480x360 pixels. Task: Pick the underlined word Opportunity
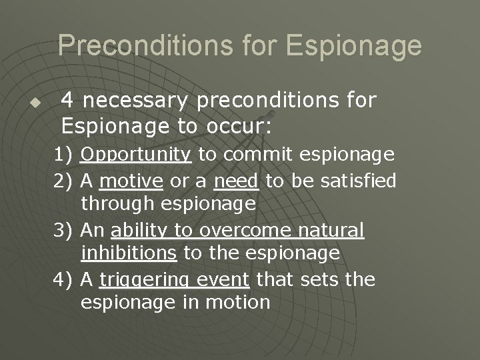coord(136,155)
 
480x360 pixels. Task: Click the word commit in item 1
coord(253,155)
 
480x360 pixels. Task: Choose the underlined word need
coord(237,180)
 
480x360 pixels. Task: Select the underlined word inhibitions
coord(129,253)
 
